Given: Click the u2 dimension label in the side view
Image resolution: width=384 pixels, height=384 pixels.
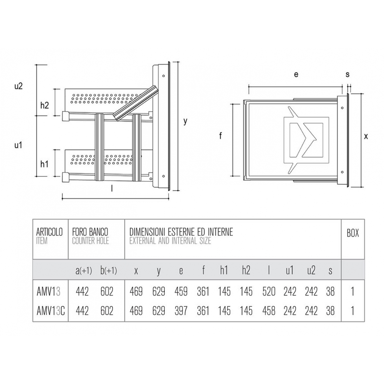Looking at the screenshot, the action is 18,86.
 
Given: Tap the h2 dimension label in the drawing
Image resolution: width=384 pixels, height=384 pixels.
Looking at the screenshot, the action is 45,105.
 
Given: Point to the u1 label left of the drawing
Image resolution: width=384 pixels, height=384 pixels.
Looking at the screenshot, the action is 18,145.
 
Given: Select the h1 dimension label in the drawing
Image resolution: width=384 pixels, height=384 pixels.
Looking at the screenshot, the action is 44,164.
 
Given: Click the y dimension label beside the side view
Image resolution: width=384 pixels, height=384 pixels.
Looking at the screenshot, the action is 185,121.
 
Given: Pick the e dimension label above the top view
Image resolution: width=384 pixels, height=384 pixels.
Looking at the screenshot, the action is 296,74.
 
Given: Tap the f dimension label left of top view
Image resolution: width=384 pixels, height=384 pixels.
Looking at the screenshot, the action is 220,136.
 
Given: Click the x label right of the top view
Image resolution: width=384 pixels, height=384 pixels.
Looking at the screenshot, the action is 366,136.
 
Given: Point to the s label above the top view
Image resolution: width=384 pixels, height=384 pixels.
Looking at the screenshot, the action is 348,74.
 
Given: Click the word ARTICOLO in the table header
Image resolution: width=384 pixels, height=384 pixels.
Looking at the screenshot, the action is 50,232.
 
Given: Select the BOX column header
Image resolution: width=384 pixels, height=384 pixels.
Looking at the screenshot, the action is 353,233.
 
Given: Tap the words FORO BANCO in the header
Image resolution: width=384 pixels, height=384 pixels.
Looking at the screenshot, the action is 90,232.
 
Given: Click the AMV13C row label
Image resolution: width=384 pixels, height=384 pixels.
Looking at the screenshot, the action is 51,311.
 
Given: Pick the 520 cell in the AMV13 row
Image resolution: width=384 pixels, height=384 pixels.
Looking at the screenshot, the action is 269,291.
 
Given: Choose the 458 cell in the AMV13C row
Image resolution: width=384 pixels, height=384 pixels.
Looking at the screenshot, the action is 269,311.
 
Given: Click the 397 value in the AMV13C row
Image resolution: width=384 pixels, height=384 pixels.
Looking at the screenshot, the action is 181,311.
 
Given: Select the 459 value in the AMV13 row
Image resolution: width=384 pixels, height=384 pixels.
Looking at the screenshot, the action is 181,291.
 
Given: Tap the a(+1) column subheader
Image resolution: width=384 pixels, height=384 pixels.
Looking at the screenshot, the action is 84,271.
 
